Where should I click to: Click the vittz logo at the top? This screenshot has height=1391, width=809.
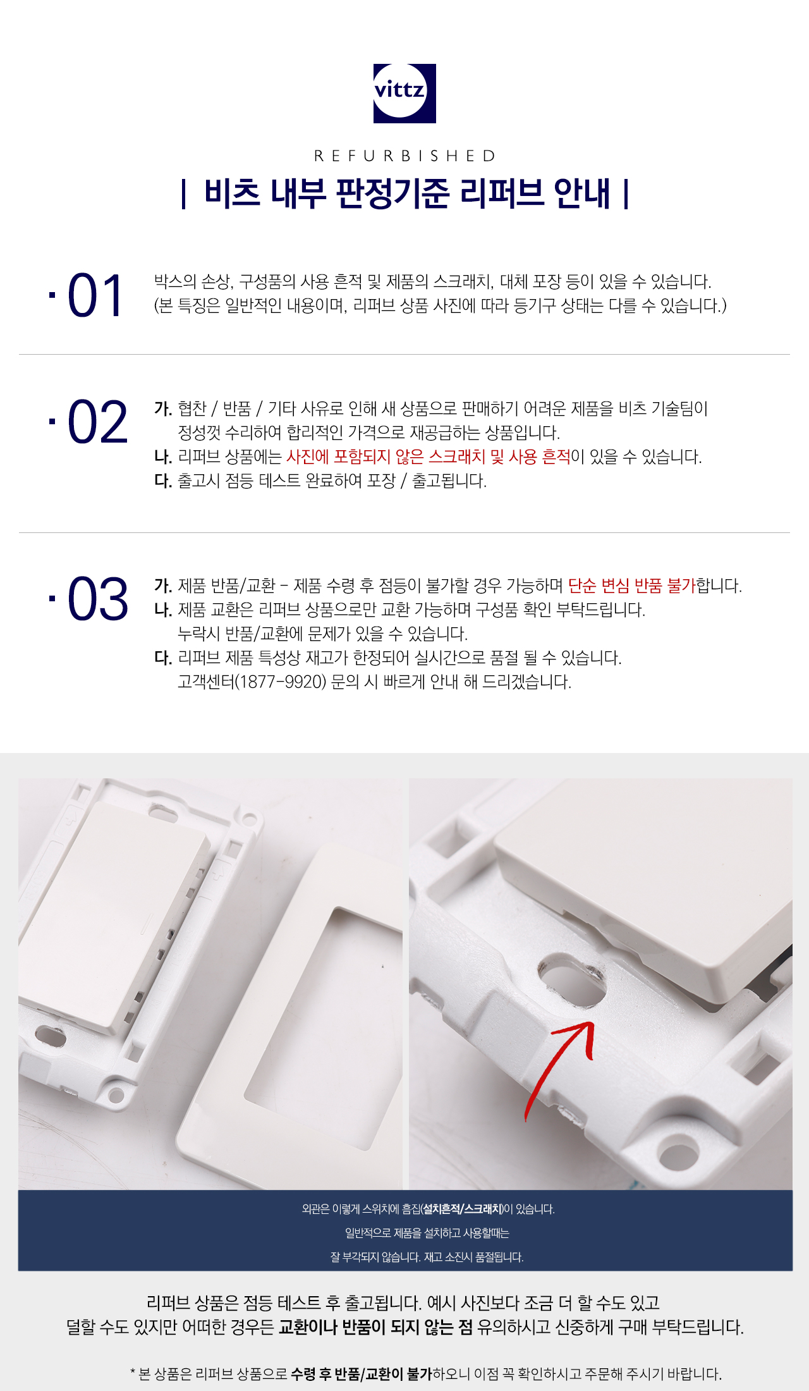[404, 93]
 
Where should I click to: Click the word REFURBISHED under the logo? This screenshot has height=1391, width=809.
[404, 156]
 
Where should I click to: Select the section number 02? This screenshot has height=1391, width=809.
[97, 422]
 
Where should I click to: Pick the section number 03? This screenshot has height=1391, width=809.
[97, 599]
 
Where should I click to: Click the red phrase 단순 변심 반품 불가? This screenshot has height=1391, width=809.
[631, 585]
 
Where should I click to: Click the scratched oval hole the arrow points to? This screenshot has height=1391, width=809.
[571, 979]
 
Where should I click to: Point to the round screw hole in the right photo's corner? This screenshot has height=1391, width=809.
[679, 1154]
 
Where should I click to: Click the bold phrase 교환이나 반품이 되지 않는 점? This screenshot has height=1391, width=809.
[375, 1327]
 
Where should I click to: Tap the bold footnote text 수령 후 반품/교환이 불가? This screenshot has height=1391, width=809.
[362, 1373]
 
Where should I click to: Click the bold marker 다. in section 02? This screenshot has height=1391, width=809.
[163, 481]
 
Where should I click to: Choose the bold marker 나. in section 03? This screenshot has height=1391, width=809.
[163, 610]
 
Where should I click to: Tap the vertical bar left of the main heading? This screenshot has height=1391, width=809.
[183, 194]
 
